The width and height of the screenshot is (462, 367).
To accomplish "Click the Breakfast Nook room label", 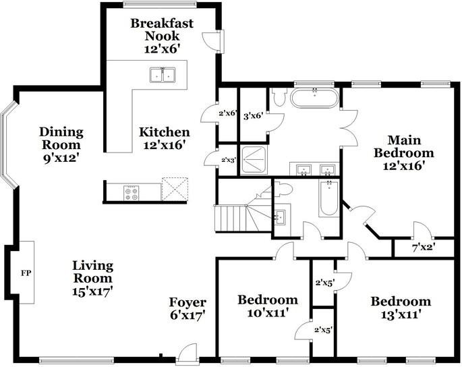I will (x=162, y=36).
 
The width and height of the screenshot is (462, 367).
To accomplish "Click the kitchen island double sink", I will (x=161, y=74).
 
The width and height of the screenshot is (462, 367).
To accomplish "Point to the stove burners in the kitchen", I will (x=132, y=192).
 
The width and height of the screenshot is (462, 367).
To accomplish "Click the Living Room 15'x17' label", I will (x=93, y=278).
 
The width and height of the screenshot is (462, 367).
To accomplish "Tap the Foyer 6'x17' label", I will (x=187, y=308).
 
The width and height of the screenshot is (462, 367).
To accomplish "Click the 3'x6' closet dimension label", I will (x=252, y=116).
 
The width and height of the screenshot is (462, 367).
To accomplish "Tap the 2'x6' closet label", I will (x=228, y=113).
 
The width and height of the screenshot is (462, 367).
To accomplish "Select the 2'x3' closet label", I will (x=228, y=160).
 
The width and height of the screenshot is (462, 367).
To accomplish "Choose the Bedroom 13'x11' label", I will (x=400, y=308).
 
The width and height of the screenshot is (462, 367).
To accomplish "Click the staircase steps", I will (x=229, y=217).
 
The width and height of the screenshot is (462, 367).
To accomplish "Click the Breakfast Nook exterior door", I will (x=216, y=42).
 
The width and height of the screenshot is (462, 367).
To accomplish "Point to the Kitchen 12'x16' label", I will (x=164, y=138).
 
